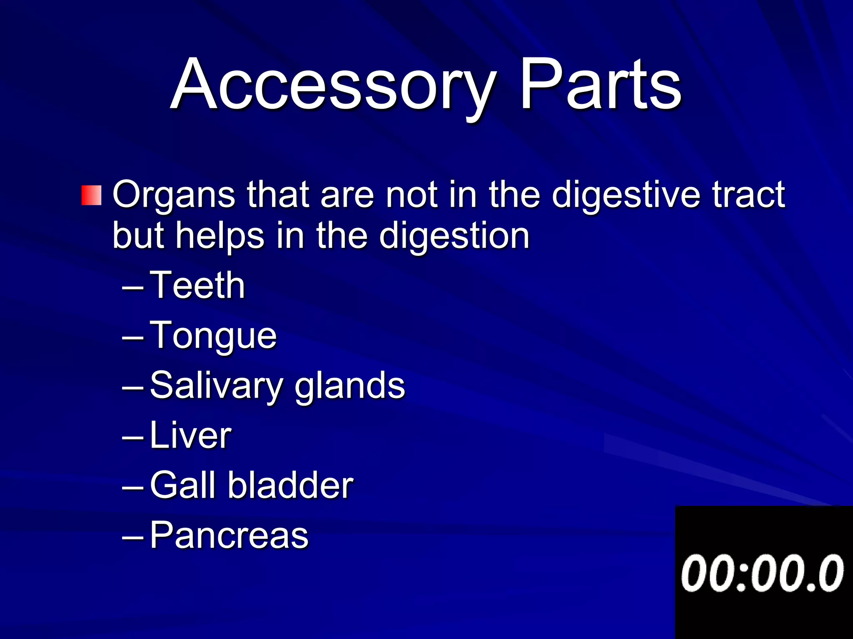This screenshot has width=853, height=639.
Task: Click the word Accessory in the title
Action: click(x=333, y=85)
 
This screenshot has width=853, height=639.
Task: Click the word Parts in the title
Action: click(x=600, y=85)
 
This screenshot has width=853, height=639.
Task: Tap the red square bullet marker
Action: click(x=91, y=195)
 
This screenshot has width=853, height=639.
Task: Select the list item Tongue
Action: click(x=213, y=336)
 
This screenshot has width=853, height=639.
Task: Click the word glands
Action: click(x=349, y=386)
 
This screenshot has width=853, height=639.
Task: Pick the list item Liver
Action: click(x=190, y=435)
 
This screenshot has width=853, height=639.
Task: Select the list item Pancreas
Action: click(x=229, y=535)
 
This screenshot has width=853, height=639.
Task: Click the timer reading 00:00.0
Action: click(x=762, y=573)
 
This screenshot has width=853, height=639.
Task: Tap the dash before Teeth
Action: click(x=133, y=287)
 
